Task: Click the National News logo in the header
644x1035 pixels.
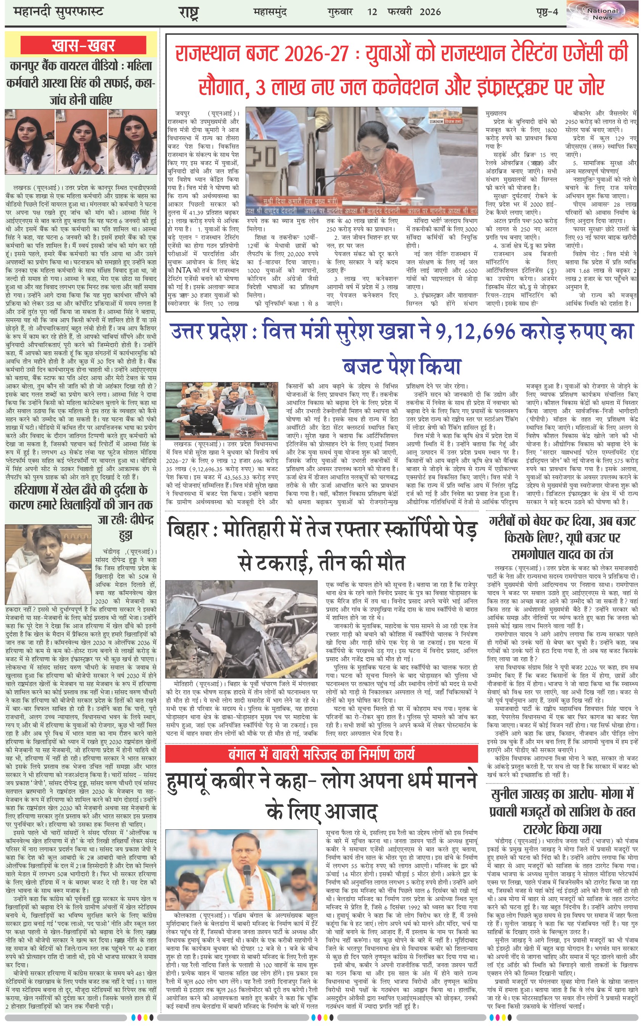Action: [602, 14]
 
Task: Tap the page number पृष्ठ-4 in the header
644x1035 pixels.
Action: [547, 11]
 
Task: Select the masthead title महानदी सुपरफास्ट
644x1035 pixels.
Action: [59, 11]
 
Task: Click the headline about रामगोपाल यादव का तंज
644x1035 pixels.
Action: [562, 537]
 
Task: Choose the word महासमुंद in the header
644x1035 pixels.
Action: [270, 11]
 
